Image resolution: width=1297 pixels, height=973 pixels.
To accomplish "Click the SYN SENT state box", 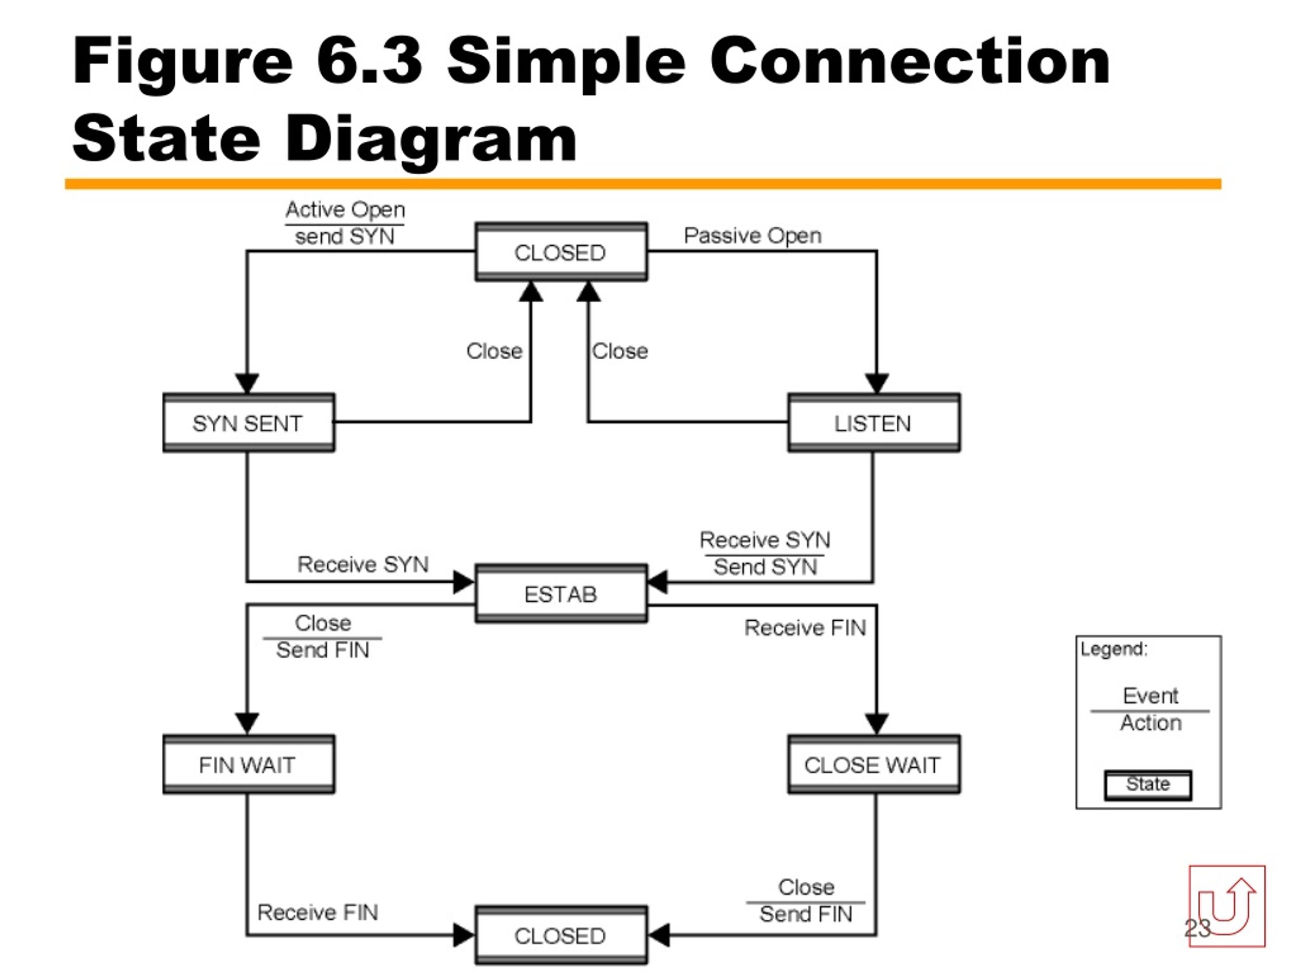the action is (249, 423).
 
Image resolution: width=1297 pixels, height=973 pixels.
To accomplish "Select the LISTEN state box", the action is (873, 423).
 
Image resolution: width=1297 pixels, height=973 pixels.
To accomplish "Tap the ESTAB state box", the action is (561, 593).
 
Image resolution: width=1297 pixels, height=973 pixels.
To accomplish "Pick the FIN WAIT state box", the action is (249, 764).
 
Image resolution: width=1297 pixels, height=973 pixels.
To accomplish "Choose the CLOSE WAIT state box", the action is (873, 764).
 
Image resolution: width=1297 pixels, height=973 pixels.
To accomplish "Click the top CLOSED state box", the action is (561, 251).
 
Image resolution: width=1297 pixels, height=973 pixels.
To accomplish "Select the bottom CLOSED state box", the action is (561, 935).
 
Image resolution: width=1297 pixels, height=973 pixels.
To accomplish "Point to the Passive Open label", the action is (752, 236).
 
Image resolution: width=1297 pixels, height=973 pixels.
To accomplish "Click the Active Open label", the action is (346, 210).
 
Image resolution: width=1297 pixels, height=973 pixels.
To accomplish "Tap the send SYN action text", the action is (345, 236).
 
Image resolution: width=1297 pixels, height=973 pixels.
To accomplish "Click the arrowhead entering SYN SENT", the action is (247, 383).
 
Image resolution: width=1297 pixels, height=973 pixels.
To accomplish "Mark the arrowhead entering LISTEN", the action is (876, 383).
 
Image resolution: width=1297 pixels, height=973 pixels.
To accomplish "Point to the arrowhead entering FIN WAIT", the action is (247, 724).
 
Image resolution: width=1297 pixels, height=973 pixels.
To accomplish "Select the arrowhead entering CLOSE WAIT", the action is (876, 724).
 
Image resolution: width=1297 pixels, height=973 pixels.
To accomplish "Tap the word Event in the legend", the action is (1151, 696).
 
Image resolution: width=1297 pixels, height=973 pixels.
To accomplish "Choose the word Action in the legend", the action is (1151, 723).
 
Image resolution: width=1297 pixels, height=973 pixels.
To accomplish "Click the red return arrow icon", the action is (1227, 906).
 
